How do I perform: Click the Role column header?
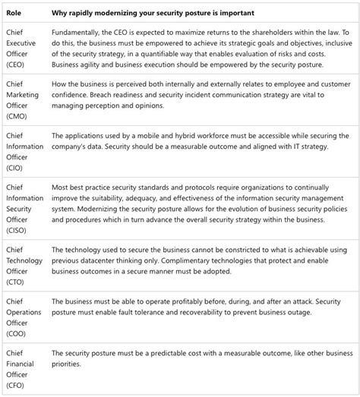(x=13, y=13)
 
